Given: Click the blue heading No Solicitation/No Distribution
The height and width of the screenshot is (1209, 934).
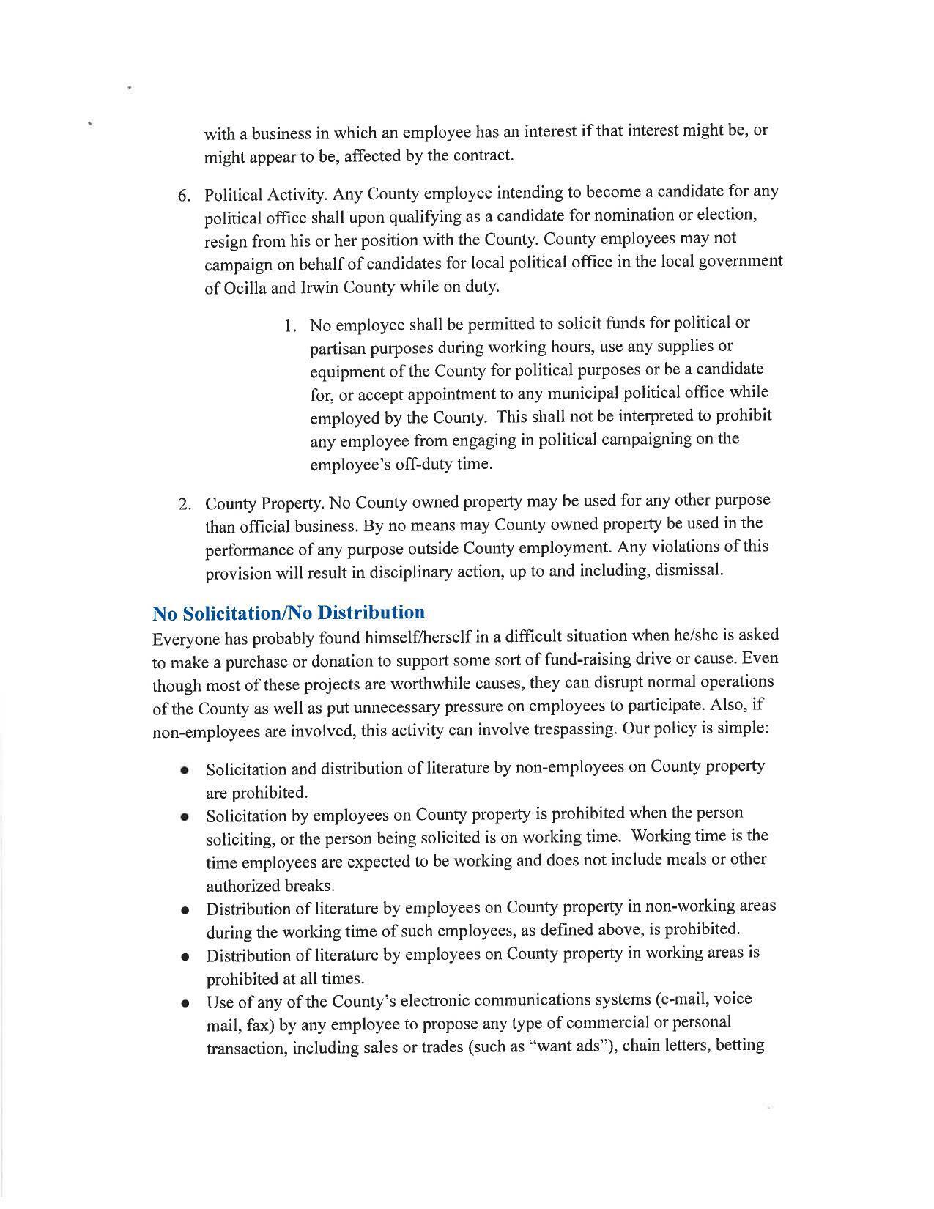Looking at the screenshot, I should pyautogui.click(x=289, y=613).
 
